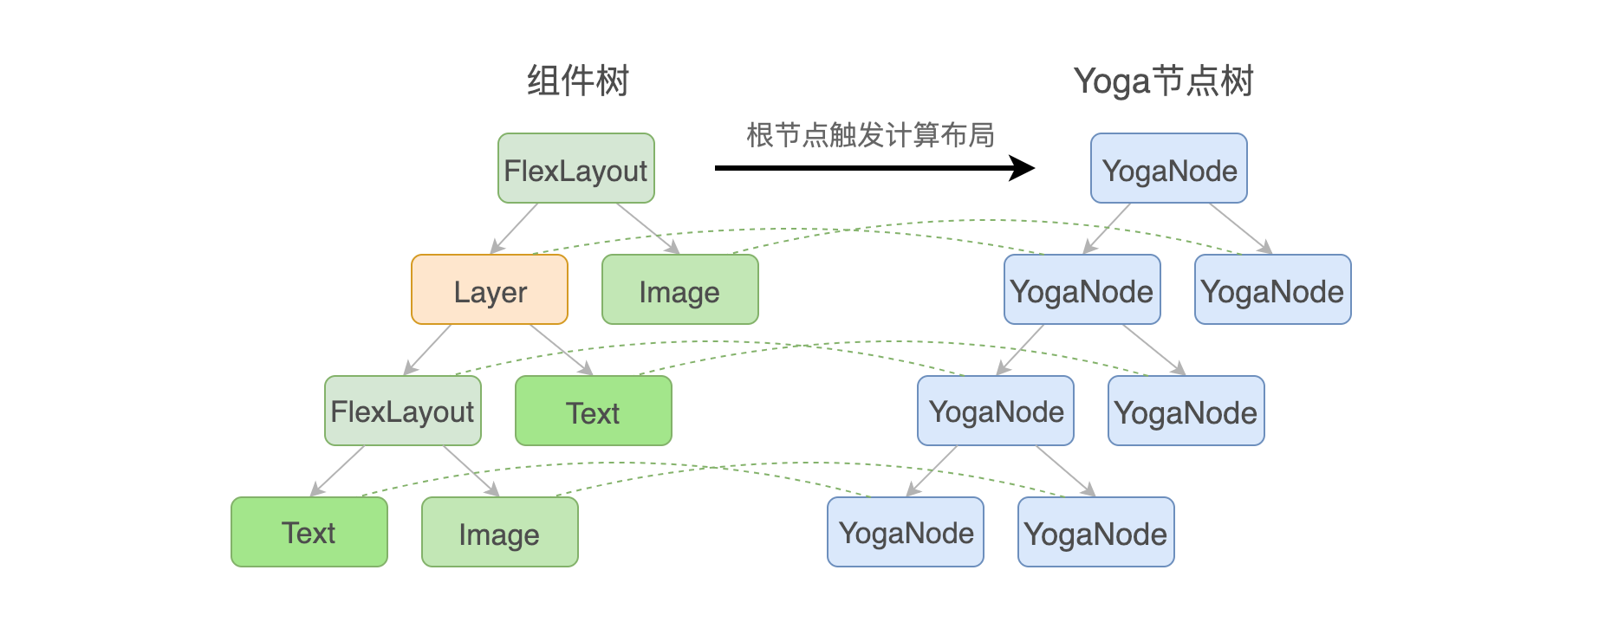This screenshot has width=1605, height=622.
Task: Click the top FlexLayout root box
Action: (576, 168)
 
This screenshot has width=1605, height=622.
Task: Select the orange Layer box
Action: (490, 289)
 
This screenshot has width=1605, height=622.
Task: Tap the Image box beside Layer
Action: (680, 289)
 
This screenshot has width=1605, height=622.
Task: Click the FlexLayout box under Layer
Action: (403, 411)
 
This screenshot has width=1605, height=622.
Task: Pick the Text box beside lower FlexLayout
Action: (594, 411)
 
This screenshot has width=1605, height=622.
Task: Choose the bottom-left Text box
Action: (309, 532)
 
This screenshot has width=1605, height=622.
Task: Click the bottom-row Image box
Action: (500, 532)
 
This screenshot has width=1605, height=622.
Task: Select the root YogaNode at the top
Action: (1169, 168)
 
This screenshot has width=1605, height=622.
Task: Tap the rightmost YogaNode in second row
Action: (1273, 289)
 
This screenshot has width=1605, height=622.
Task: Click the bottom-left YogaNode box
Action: (906, 532)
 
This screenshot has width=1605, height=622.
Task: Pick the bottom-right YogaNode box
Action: (1096, 532)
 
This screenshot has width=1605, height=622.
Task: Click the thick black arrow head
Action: (1024, 168)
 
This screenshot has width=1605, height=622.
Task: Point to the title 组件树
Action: (578, 81)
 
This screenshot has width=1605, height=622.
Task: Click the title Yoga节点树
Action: (1164, 81)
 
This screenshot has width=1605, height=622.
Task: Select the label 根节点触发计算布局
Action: (870, 135)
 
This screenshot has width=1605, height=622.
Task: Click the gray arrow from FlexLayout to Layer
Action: (515, 229)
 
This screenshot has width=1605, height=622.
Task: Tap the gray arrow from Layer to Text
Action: (562, 350)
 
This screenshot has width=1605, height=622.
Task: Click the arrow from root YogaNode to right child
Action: (1241, 229)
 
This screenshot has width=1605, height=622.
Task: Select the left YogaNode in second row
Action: (1082, 289)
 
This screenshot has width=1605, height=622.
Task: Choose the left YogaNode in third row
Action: (996, 411)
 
